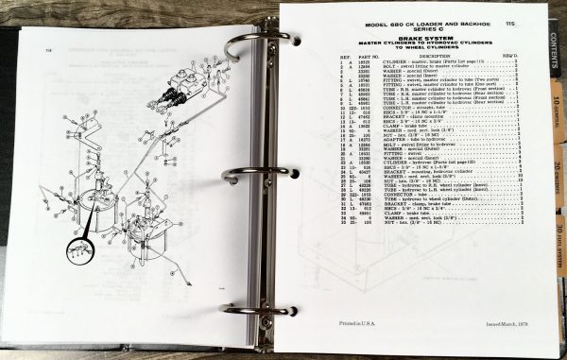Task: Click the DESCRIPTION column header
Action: pos(402,55)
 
